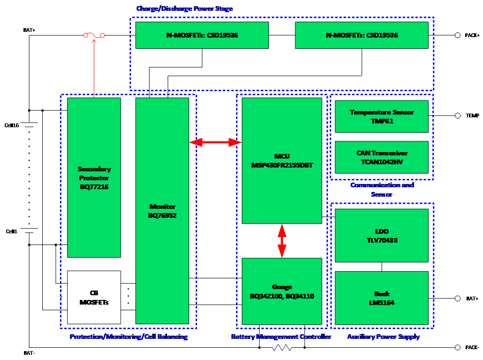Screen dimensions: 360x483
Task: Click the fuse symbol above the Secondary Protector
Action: pos(94,35)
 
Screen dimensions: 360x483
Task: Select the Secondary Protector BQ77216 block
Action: pos(94,177)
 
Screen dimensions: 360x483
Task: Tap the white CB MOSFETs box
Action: pos(94,297)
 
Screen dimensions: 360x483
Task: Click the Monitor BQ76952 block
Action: pos(162,211)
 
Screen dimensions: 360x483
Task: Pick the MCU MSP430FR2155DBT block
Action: pos(282,160)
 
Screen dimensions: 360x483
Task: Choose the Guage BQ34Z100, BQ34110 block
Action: pos(282,291)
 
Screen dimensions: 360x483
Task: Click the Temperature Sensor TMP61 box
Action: pos(382,116)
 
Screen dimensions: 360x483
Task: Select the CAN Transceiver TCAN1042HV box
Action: pos(382,157)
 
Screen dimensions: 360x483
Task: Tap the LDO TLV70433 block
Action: pos(382,236)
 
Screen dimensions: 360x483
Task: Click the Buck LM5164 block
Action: pos(382,298)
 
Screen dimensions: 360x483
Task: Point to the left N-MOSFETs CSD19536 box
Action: pos(202,35)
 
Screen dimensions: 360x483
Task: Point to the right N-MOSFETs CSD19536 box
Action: pos(361,35)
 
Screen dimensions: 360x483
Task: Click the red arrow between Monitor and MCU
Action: pos(215,142)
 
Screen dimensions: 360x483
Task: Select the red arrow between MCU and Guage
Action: pos(282,241)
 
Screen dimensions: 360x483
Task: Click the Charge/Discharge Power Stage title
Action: pos(184,9)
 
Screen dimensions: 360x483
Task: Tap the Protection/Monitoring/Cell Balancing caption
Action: pos(128,337)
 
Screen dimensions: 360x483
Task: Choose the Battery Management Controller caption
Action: pos(281,337)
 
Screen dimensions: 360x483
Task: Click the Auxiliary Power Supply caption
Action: pos(383,337)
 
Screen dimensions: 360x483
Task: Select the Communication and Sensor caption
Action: pos(382,190)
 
